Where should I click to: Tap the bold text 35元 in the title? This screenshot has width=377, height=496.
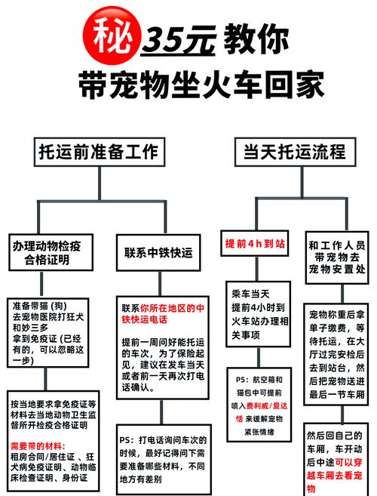click(x=180, y=38)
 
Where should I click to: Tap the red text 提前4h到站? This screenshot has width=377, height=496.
click(x=256, y=245)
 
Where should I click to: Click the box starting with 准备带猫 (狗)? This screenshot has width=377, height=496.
click(x=49, y=333)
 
